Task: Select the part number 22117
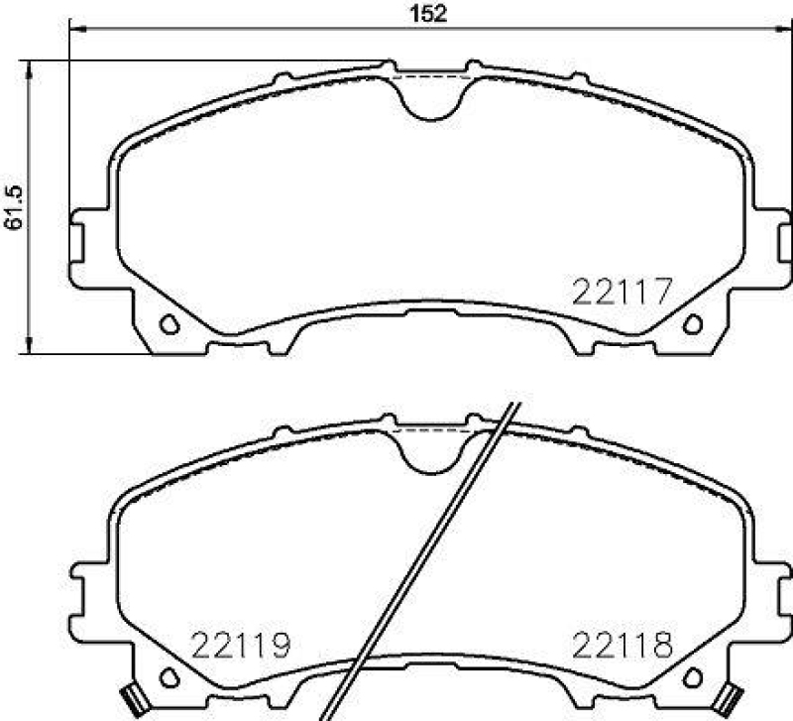coord(623,292)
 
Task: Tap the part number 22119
coord(242,647)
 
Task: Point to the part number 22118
coord(623,647)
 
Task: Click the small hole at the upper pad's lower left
coord(169,323)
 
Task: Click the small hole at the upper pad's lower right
coord(693,323)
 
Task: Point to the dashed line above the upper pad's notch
coord(431,74)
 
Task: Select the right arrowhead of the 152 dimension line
coord(783,30)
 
